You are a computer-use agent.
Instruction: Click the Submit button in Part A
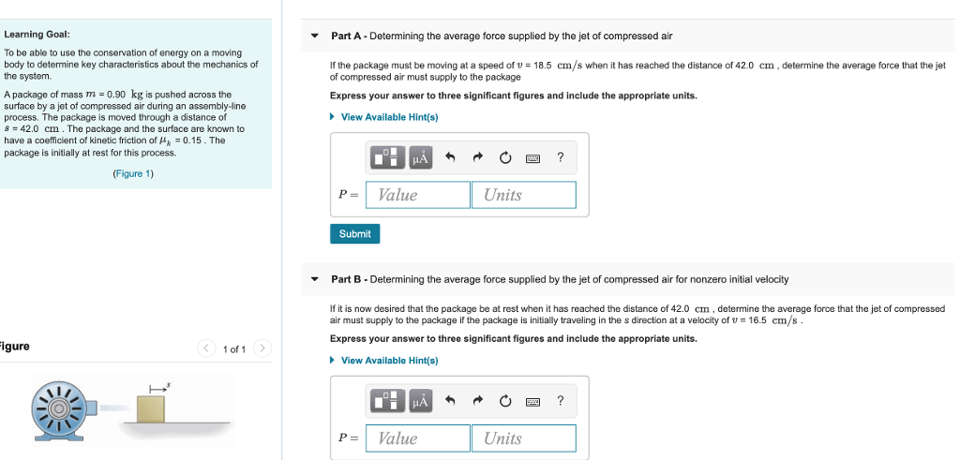(354, 233)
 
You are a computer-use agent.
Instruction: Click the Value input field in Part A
(418, 195)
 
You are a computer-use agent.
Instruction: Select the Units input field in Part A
(524, 195)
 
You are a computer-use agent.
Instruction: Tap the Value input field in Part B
(418, 438)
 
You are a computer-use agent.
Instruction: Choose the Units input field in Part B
(524, 438)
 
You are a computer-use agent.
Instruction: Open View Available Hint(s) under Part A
(389, 117)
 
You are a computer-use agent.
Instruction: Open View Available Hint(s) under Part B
(389, 361)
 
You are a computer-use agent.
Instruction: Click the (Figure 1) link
(133, 173)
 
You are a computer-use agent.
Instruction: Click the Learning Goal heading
(37, 34)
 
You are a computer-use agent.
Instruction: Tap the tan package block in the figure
(151, 408)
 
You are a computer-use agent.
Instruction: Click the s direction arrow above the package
(157, 386)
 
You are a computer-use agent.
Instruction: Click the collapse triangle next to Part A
(315, 37)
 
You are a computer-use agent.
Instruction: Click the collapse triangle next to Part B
(315, 279)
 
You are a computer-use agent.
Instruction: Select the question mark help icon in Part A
(561, 157)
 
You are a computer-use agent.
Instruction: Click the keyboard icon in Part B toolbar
(533, 401)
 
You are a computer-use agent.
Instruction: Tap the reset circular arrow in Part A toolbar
(505, 157)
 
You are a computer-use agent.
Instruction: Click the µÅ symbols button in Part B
(420, 401)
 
